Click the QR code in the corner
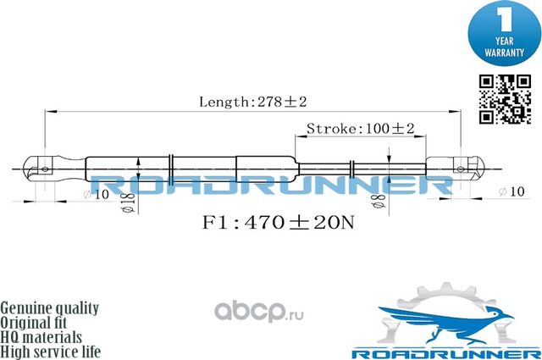point(501,99)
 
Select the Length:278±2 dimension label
point(252,102)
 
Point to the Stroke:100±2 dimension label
point(359,129)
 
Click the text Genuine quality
point(50,307)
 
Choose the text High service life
point(50,351)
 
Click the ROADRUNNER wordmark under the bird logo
point(445,349)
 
